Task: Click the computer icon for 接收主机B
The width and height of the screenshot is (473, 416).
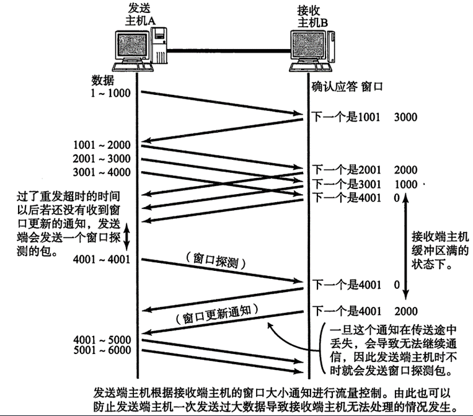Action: click(x=312, y=51)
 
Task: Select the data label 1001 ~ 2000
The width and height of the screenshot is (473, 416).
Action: click(x=101, y=145)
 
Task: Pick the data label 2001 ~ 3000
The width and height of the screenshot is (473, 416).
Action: click(x=101, y=158)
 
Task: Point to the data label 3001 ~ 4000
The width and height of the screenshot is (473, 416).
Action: click(x=101, y=171)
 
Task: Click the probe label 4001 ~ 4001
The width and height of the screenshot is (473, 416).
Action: click(x=101, y=259)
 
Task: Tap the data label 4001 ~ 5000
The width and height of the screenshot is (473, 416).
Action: click(x=101, y=339)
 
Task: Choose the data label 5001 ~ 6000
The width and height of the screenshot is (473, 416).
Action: click(x=101, y=351)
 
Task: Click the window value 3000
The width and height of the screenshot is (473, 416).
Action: click(x=405, y=116)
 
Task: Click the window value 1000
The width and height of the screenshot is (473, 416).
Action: click(x=405, y=184)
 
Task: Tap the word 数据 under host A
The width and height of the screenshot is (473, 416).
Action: click(x=102, y=81)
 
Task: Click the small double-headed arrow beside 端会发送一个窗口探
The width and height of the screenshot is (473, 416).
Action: click(x=128, y=236)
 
